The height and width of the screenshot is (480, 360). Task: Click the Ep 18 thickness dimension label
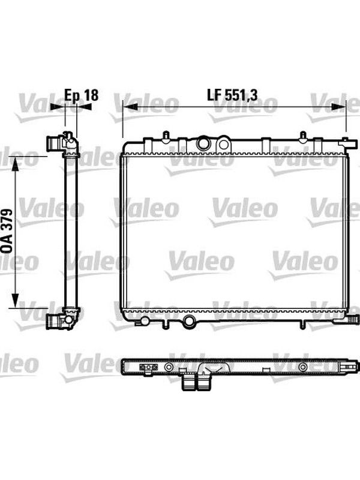coord(81,95)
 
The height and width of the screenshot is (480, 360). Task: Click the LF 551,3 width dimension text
coord(232,95)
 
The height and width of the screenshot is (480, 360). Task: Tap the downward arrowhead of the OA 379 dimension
coord(15,301)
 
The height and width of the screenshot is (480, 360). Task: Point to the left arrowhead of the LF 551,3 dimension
coord(130,107)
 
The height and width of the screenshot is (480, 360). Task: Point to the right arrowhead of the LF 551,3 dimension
coord(338,107)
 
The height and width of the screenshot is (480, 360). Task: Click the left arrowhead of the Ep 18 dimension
coord(58,107)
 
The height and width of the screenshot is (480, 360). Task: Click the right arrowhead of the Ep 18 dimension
coord(84,107)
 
